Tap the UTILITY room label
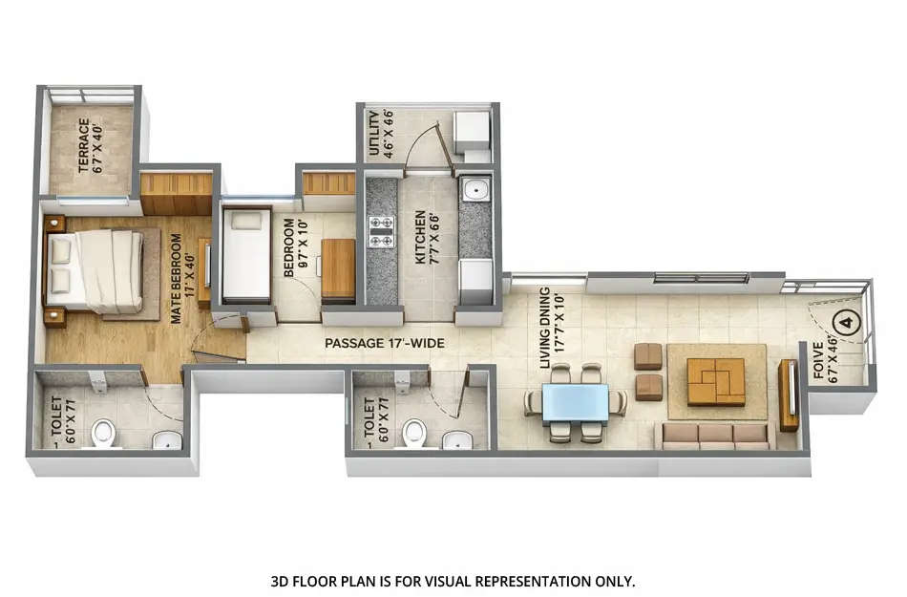[380, 135]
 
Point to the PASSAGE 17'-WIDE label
[384, 343]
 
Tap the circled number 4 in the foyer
[846, 322]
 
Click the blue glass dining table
[576, 402]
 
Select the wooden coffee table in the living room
[716, 381]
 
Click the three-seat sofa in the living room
[716, 436]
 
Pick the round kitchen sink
[474, 190]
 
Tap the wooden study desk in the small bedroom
[338, 269]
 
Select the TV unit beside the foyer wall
[789, 395]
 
